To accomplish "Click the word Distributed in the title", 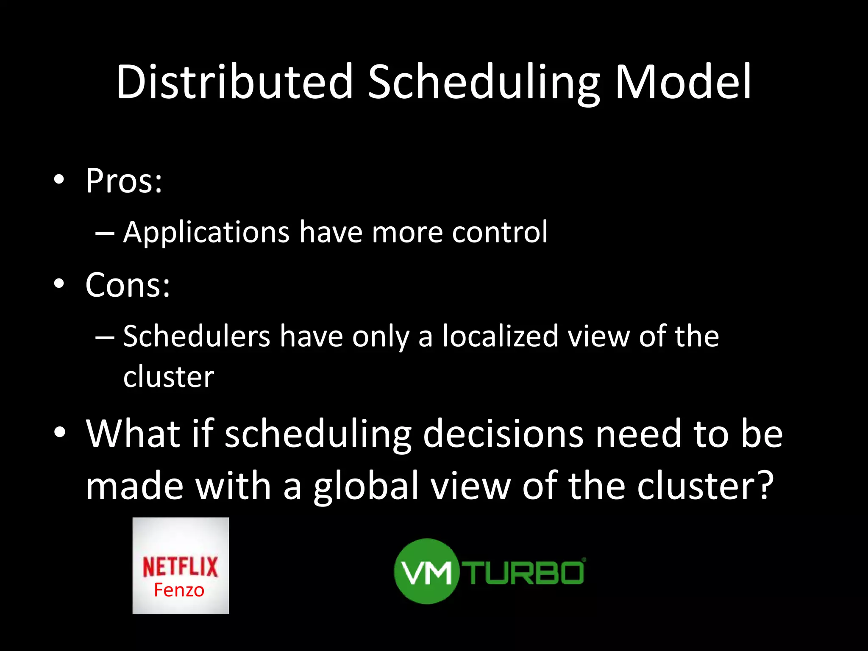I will (x=234, y=81).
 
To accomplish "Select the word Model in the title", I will (x=683, y=81).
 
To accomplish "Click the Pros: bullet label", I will (x=124, y=181).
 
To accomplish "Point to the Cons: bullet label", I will (x=128, y=285).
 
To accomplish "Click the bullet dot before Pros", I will (x=59, y=180).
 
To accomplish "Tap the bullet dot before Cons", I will (x=59, y=284).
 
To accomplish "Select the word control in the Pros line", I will (x=500, y=232).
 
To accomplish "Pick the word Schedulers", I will (x=197, y=336).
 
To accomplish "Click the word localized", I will (x=501, y=336).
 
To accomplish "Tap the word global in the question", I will (x=366, y=487).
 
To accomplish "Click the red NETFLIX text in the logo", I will (x=180, y=567).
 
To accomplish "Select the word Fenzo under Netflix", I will (x=179, y=590).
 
